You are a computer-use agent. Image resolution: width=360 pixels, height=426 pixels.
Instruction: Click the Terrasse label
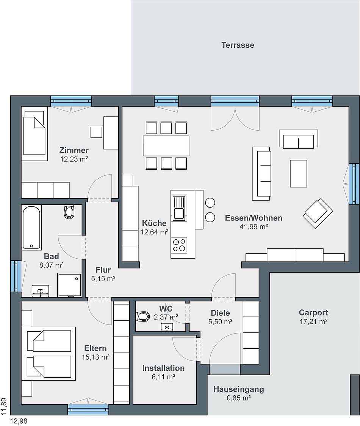tap(238, 45)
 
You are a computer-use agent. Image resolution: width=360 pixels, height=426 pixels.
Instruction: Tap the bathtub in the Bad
tap(31, 228)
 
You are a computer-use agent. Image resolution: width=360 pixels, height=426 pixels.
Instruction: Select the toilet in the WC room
tap(143, 316)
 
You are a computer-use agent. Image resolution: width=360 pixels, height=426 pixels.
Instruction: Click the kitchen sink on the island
tap(179, 208)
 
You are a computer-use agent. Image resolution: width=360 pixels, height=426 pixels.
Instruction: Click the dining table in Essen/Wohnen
tap(166, 146)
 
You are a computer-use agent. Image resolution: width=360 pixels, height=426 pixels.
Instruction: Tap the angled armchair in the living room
tap(318, 214)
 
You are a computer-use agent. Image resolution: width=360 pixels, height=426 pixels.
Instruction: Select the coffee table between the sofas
tap(298, 173)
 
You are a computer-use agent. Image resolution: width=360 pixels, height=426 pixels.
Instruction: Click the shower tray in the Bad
tap(69, 285)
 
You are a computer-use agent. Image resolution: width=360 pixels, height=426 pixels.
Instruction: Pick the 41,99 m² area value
tap(254, 226)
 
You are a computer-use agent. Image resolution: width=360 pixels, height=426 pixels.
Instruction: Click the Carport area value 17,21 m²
tap(313, 321)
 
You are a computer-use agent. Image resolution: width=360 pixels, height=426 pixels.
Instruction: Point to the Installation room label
tap(163, 368)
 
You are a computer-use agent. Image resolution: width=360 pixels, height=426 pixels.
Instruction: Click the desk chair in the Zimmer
tap(96, 132)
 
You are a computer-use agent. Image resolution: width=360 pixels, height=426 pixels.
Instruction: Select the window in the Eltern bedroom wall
tap(88, 409)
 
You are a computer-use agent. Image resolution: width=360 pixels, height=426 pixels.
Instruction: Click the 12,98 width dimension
tap(19, 421)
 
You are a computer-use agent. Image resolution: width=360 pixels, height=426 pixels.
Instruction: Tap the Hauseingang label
tap(239, 389)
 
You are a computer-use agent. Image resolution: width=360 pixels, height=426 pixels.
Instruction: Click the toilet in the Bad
tap(69, 211)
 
